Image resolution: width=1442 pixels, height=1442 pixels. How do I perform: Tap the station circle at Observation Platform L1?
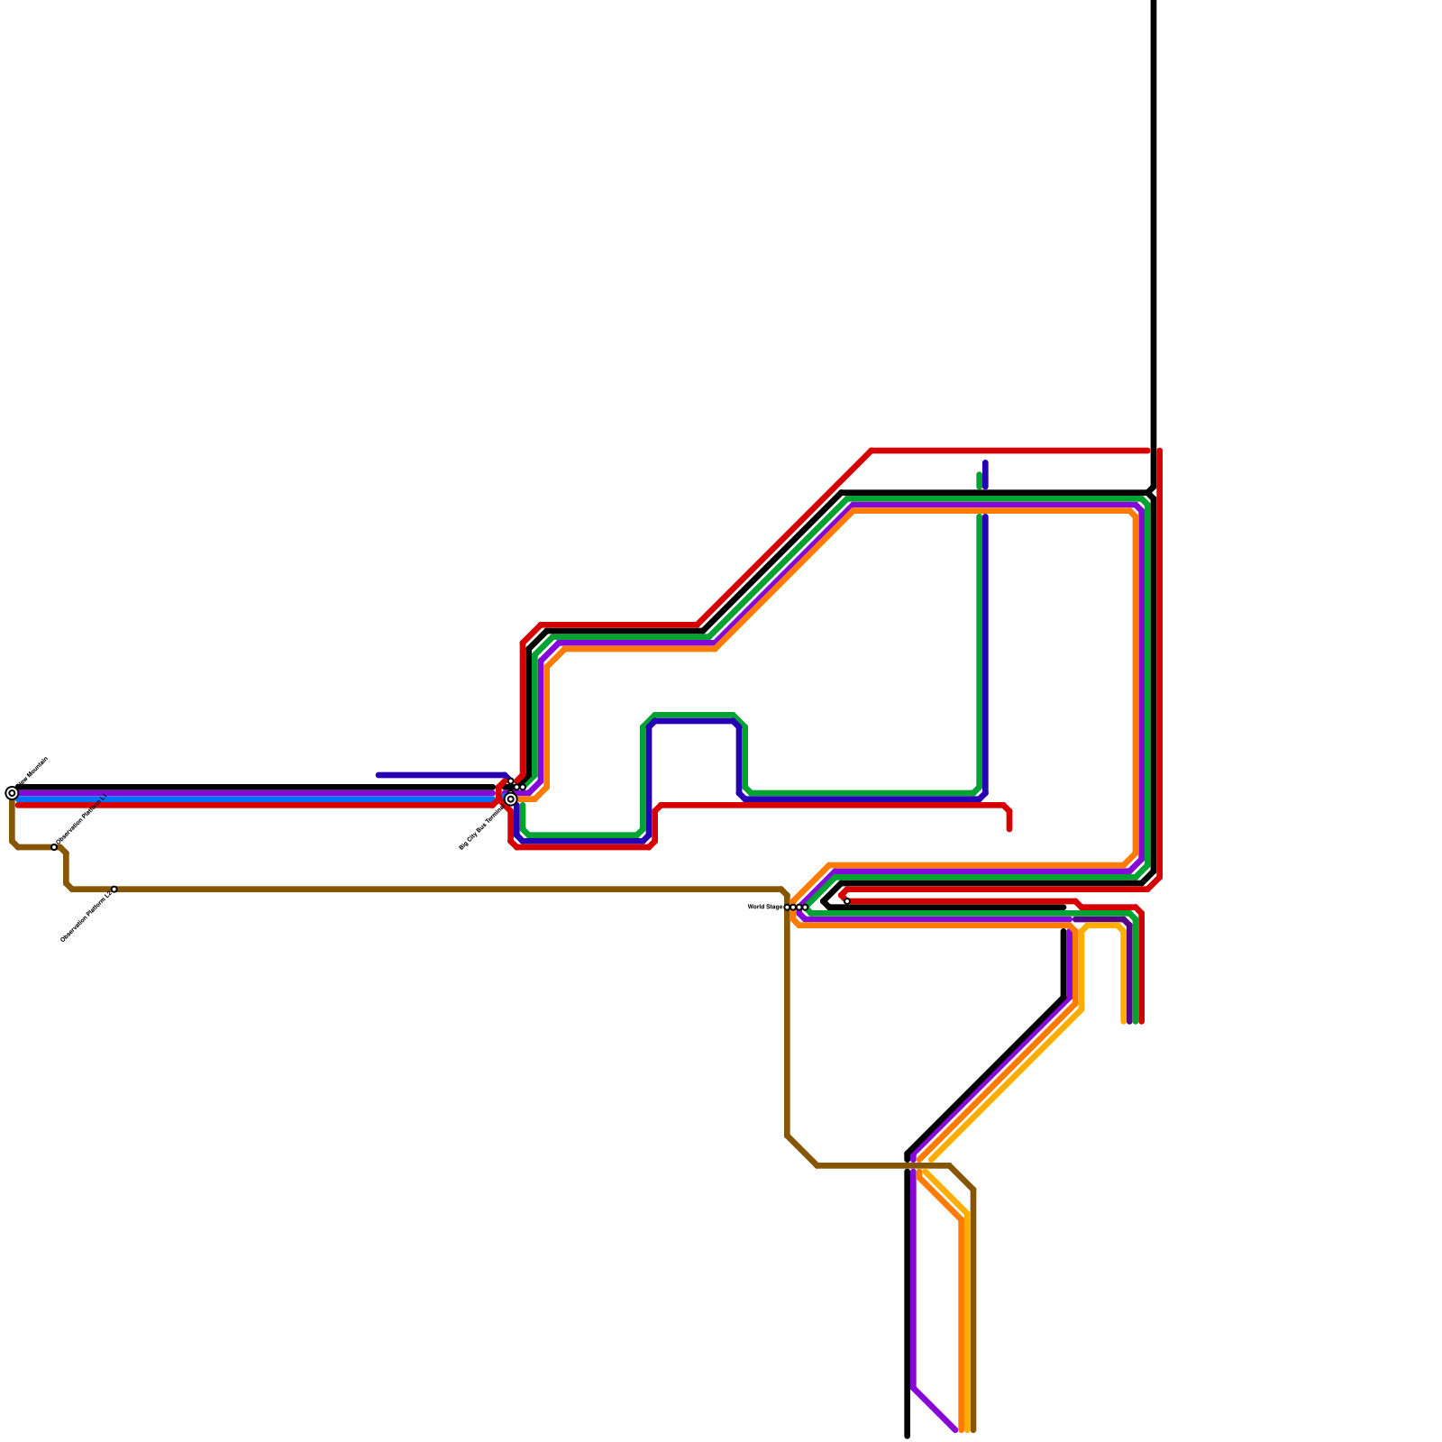[x=54, y=847]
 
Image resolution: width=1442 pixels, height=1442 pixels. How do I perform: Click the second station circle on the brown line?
[x=114, y=890]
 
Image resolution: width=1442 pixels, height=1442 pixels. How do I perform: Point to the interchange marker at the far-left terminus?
[x=12, y=793]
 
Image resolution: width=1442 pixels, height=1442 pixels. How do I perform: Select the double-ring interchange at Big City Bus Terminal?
[x=511, y=799]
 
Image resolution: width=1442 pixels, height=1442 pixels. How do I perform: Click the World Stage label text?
[x=764, y=907]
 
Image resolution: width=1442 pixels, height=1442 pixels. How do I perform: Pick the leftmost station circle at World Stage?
[x=787, y=908]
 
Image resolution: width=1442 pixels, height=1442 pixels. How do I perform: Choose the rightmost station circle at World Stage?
[x=805, y=908]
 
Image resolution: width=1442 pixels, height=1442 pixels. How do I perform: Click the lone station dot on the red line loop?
[x=847, y=901]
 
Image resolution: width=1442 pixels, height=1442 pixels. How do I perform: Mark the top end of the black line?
[x=1154, y=3]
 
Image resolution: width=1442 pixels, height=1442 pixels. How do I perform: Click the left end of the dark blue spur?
[x=379, y=775]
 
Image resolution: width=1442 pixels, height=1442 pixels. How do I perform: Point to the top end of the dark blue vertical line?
[x=986, y=463]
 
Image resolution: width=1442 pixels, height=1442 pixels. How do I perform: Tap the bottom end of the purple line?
[x=954, y=1429]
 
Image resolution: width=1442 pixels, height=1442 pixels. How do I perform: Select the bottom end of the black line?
[x=907, y=1436]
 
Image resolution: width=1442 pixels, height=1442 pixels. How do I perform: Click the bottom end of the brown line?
[x=973, y=1429]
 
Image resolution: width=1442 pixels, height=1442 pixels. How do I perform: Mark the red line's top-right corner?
[x=1158, y=451]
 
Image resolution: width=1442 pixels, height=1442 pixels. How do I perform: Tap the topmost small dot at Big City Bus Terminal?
[x=511, y=781]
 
